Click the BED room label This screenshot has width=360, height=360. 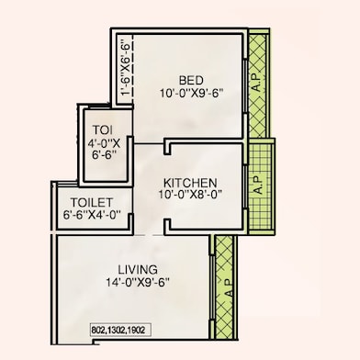click(x=191, y=81)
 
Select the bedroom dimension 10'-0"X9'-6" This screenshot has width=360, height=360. click(x=191, y=93)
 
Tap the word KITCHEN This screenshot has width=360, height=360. click(x=190, y=183)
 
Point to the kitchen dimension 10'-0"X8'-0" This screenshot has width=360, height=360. click(x=190, y=195)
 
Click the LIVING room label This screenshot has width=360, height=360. click(x=138, y=270)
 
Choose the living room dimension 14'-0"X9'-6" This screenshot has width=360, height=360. click(x=138, y=282)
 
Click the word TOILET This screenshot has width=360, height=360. click(x=92, y=202)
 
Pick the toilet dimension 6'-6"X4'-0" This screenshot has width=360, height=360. click(x=92, y=215)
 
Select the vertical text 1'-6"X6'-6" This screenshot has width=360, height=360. click(x=126, y=68)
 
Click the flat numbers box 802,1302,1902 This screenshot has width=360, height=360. click(x=120, y=331)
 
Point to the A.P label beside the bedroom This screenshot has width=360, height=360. click(x=257, y=83)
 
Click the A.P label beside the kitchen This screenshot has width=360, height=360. click(x=259, y=185)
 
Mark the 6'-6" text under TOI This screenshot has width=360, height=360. click(x=104, y=154)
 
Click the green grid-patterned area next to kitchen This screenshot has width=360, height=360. click(x=260, y=186)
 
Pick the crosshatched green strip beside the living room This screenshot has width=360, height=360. click(x=225, y=287)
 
